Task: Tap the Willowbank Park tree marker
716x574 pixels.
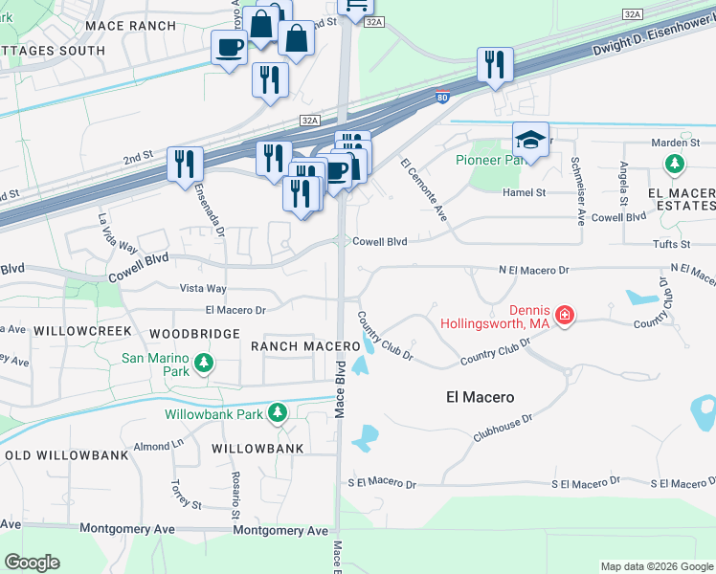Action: pos(278,413)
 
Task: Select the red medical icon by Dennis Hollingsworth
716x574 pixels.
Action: pos(565,316)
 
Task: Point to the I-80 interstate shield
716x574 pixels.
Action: pos(441,97)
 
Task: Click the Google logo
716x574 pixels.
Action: pos(32,563)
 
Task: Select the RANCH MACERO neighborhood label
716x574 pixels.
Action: pos(291,344)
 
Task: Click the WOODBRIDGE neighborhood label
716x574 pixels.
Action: pos(194,334)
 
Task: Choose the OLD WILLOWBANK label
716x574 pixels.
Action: pos(66,454)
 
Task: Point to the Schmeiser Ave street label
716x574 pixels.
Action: pos(577,190)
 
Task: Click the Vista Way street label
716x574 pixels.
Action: pos(203,288)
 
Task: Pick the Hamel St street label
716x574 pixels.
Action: pos(524,192)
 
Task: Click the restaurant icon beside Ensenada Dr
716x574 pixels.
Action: pos(186,164)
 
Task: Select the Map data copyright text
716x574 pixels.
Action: pos(657,566)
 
